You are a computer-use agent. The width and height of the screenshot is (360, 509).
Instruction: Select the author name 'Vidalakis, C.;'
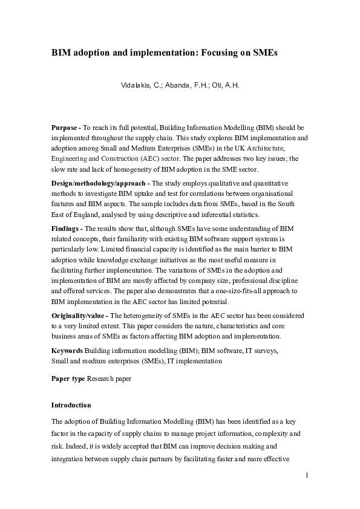(x=143, y=85)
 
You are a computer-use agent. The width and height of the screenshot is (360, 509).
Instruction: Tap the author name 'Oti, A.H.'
(x=226, y=85)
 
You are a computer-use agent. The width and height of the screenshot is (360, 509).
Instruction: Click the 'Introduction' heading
(x=71, y=405)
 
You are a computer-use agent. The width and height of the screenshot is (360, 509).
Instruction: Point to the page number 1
(x=307, y=475)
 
